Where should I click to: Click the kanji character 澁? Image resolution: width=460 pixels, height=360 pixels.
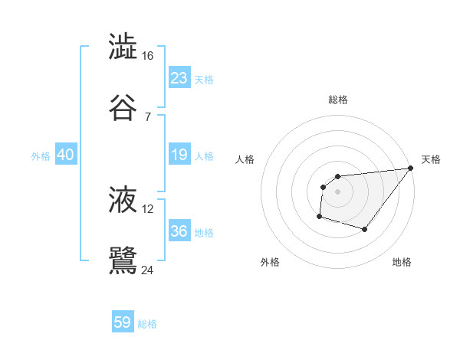[x=123, y=47]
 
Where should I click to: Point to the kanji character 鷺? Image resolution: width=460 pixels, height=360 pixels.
[x=123, y=260]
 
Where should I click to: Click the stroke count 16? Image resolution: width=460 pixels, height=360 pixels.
[x=148, y=56]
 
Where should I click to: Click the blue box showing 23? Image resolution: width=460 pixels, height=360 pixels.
[x=179, y=78]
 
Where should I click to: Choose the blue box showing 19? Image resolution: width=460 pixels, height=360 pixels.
[x=179, y=155]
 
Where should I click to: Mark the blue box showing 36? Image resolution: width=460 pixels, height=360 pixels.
[x=179, y=231]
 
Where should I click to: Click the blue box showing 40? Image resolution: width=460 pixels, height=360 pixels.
[x=65, y=155]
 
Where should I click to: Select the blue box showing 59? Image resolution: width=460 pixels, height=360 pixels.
[x=123, y=322]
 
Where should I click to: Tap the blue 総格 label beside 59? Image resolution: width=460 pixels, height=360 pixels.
[x=147, y=324]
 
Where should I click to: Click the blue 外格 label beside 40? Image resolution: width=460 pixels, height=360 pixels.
[x=41, y=156]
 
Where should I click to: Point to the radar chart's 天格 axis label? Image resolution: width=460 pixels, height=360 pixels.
[x=431, y=159]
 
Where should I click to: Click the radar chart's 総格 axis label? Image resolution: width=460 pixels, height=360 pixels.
[x=338, y=100]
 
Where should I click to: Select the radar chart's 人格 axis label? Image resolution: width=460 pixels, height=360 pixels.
[x=245, y=159]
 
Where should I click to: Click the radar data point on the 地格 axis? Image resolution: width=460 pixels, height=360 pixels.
[x=365, y=229]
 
